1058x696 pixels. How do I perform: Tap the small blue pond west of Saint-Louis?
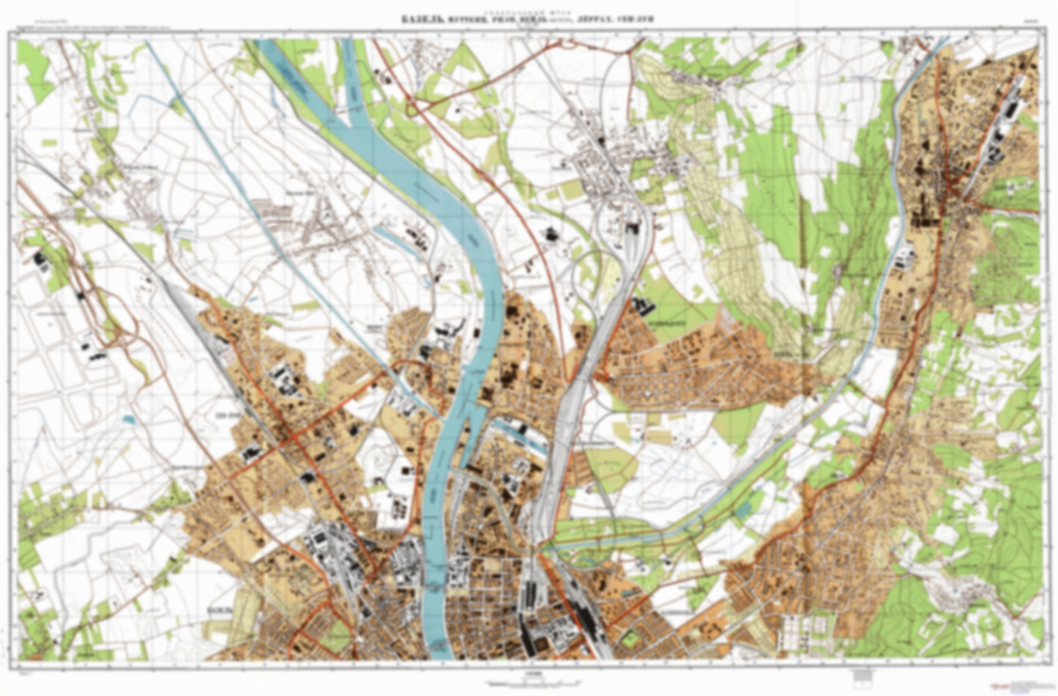point(129,420)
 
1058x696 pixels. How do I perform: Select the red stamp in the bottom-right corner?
point(1028,686)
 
